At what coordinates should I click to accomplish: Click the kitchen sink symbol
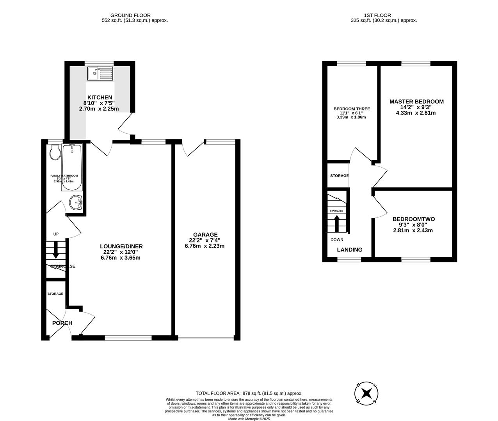click(x=100, y=73)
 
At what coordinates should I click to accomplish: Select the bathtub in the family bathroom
click(x=71, y=168)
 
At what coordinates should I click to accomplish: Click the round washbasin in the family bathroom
click(x=76, y=202)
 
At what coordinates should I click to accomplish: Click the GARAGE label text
click(x=205, y=234)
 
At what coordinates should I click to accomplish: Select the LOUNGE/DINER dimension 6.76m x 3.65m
click(x=121, y=258)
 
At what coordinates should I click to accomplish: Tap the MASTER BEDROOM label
click(x=416, y=101)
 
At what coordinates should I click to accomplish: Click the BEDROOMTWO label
click(x=413, y=219)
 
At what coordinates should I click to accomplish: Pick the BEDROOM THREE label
click(x=352, y=109)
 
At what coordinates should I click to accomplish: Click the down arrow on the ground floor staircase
click(x=55, y=250)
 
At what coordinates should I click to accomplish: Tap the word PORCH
click(x=62, y=323)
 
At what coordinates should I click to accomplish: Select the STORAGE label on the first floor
click(x=339, y=176)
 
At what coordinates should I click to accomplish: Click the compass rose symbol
click(x=366, y=393)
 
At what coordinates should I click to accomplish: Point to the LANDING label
click(x=349, y=250)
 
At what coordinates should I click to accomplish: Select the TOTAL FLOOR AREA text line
click(x=249, y=393)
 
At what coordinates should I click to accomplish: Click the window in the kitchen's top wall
click(x=99, y=63)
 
